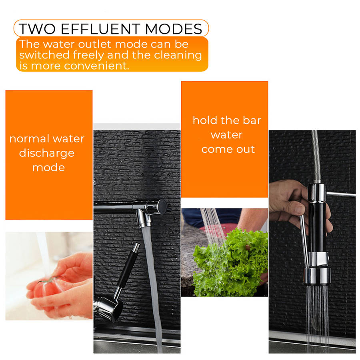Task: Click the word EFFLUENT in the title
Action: click(x=100, y=29)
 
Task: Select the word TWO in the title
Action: click(x=38, y=29)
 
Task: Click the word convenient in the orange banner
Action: click(x=96, y=66)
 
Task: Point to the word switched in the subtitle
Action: click(x=44, y=55)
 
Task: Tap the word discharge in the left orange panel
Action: click(x=47, y=154)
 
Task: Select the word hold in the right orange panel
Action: click(x=205, y=120)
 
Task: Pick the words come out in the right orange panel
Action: click(x=228, y=150)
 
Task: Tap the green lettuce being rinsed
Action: click(x=230, y=263)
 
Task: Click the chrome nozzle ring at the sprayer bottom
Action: click(x=317, y=277)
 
